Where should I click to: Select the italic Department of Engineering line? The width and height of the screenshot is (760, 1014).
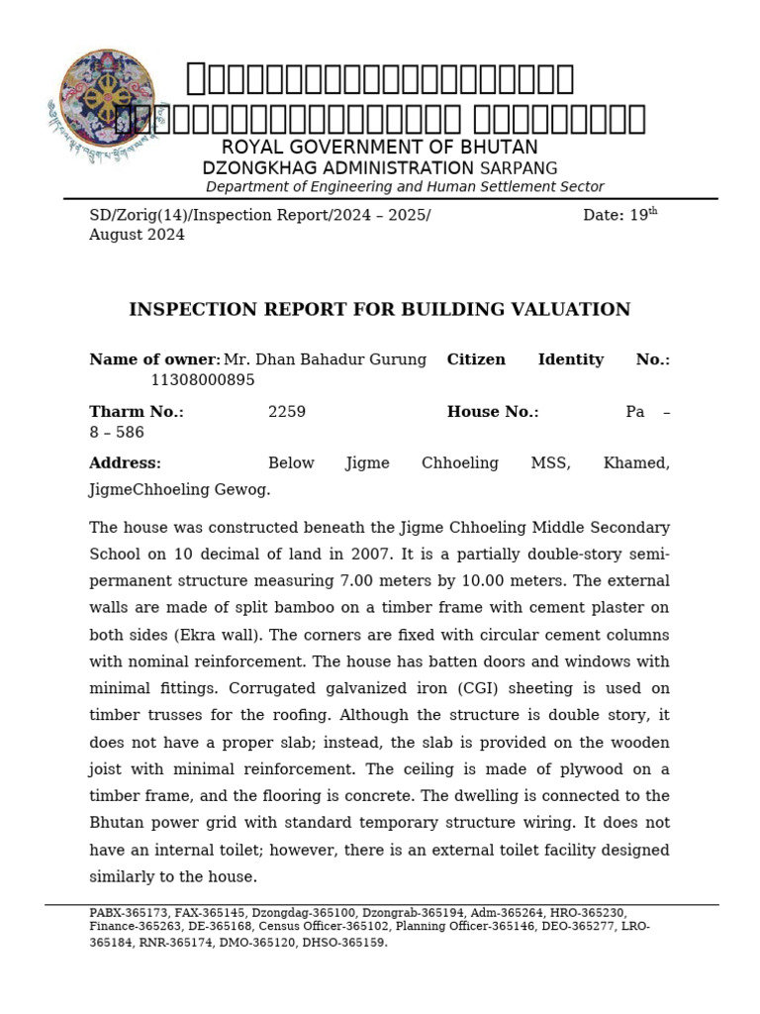tap(404, 187)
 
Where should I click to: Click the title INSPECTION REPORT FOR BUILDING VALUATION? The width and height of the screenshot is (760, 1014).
tap(379, 310)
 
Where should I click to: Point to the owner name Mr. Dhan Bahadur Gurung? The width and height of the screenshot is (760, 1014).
tap(325, 359)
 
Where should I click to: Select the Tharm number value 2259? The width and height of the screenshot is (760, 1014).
tap(287, 412)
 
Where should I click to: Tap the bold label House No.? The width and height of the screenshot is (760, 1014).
tap(493, 412)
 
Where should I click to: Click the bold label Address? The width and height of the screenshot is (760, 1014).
tap(125, 463)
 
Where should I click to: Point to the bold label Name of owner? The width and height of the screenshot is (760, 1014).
tap(153, 359)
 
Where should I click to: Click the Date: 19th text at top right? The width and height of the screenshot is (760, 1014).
tap(619, 215)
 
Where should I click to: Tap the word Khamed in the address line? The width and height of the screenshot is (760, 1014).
tap(636, 463)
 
